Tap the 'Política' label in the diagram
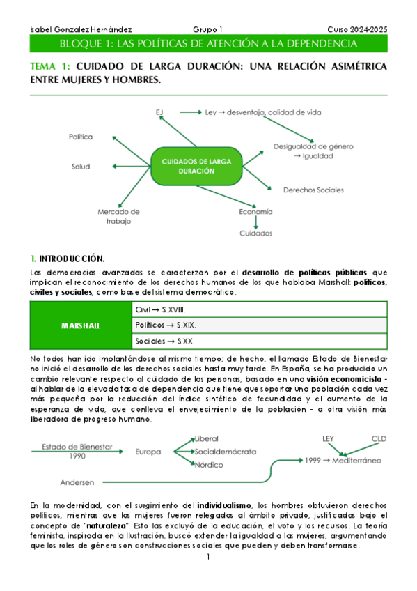tap(81, 137)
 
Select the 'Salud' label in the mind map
tap(81, 167)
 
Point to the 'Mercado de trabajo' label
tap(118, 216)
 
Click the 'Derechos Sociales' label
tap(313, 190)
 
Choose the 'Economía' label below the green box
tap(255, 211)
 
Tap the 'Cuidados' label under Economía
tap(255, 233)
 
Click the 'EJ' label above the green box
tap(159, 112)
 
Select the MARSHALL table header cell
tap(81, 325)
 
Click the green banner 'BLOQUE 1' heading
tap(208, 44)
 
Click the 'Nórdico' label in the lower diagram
tap(210, 464)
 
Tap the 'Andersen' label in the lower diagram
tap(79, 482)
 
